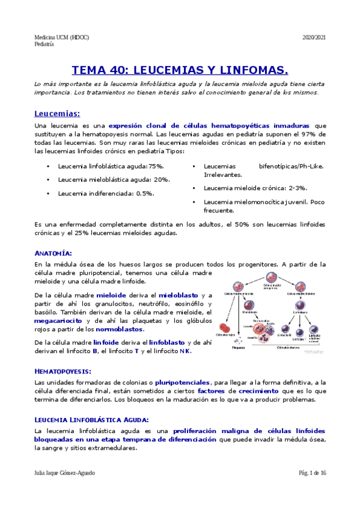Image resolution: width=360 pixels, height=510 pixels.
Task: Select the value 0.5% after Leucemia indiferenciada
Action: click(x=144, y=193)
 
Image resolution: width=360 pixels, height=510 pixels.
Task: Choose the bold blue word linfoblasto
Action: click(x=168, y=342)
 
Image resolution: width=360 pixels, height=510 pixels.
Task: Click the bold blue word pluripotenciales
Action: click(x=182, y=382)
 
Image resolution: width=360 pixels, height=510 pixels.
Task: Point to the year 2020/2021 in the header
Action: click(x=314, y=37)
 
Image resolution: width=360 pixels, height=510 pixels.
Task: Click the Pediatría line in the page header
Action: click(x=44, y=44)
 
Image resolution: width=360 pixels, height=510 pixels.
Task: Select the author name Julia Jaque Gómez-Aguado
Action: click(x=65, y=473)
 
